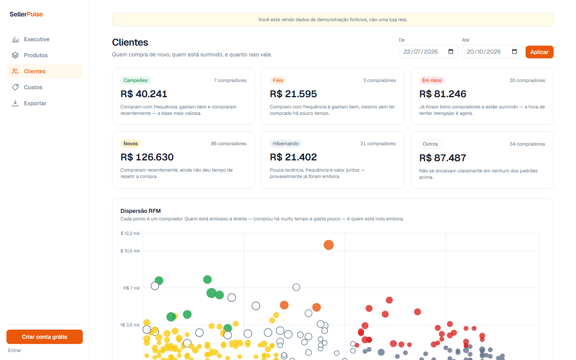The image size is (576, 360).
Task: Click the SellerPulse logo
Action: (x=26, y=14)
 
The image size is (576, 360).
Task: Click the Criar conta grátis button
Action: (x=44, y=337)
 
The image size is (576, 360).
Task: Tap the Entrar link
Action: (x=15, y=350)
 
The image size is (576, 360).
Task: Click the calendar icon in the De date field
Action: (x=451, y=52)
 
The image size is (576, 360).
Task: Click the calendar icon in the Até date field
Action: (x=514, y=52)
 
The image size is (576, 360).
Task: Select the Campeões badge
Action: (x=136, y=80)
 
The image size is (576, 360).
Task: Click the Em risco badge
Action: (x=432, y=80)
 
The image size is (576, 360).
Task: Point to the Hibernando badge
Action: (x=286, y=144)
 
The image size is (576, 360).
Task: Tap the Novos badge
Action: (x=131, y=144)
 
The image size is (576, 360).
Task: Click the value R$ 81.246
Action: (x=442, y=94)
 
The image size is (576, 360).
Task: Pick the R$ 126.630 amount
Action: (x=147, y=157)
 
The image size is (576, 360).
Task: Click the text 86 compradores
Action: (x=229, y=144)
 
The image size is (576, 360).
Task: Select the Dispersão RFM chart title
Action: (x=140, y=211)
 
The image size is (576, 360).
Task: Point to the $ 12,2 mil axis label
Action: (x=130, y=233)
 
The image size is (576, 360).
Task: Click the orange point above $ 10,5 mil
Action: (x=329, y=245)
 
